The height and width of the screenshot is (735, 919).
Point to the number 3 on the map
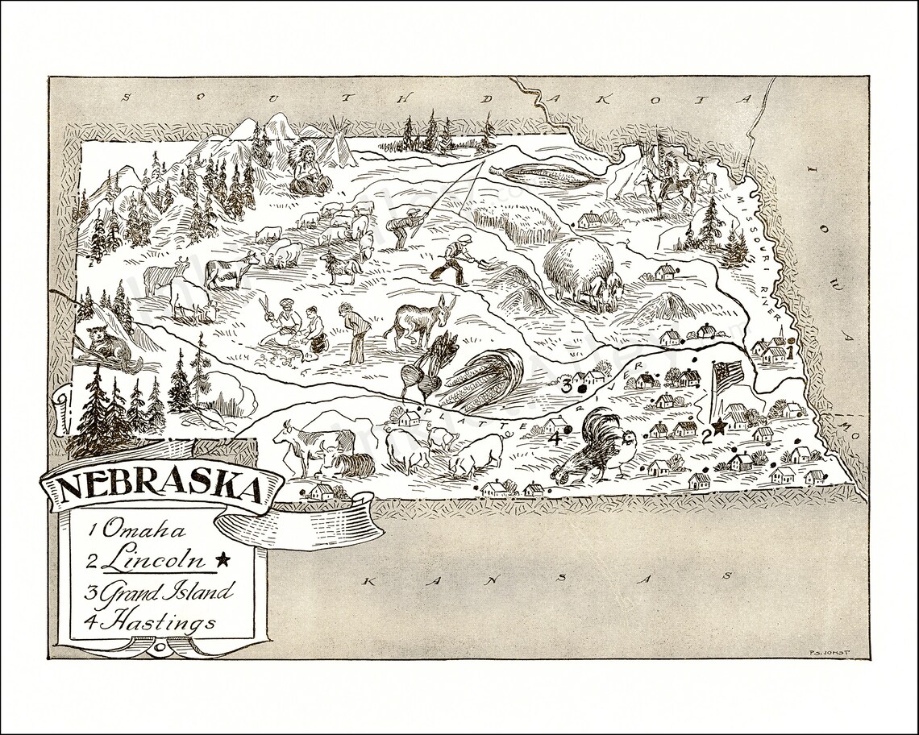(567, 386)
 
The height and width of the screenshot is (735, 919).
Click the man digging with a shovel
(455, 258)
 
